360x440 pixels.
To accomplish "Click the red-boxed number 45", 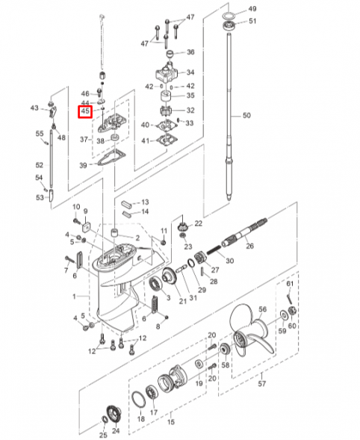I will pos(86,112).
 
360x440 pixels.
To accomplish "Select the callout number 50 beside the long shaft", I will pos(247,116).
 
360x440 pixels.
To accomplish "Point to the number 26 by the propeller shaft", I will pos(249,246).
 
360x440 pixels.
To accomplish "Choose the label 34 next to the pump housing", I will pos(190,72).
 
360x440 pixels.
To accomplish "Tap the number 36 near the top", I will pos(190,52).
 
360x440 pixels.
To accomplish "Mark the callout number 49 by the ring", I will pos(252,8).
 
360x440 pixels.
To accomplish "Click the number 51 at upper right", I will pos(252,21).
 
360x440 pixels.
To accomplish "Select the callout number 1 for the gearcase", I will pos(74,297).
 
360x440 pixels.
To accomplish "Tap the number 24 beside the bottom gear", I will pos(116,432).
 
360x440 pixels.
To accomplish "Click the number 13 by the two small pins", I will pos(145,202).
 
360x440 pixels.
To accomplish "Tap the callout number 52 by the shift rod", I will pos(40,164).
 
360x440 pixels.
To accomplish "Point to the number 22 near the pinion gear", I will pos(198,223).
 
